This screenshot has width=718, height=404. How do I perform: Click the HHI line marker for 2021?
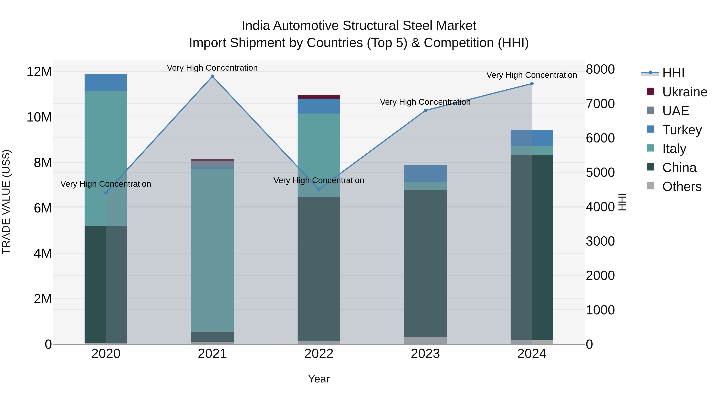pyautogui.click(x=212, y=76)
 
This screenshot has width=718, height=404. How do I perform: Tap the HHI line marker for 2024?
pyautogui.click(x=532, y=84)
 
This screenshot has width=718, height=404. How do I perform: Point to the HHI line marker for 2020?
pyautogui.click(x=106, y=193)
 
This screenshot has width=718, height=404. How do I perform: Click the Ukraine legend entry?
pyautogui.click(x=684, y=92)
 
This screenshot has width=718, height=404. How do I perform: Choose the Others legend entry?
pyautogui.click(x=682, y=187)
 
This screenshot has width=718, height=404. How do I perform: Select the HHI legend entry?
pyautogui.click(x=673, y=73)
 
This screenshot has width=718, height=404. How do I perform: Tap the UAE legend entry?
pyautogui.click(x=675, y=111)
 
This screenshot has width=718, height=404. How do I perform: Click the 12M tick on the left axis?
pyautogui.click(x=39, y=72)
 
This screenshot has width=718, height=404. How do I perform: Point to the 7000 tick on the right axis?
pyautogui.click(x=600, y=104)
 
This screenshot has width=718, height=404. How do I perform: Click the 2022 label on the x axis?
pyautogui.click(x=319, y=354)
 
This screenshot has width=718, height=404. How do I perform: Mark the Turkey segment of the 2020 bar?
pyautogui.click(x=106, y=83)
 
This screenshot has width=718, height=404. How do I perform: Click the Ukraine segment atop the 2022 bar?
pyautogui.click(x=319, y=97)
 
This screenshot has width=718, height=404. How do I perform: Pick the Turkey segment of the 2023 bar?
pyautogui.click(x=425, y=173)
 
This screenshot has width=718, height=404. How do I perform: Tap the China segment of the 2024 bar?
pyautogui.click(x=532, y=247)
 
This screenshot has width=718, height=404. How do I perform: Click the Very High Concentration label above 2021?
pyautogui.click(x=212, y=68)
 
